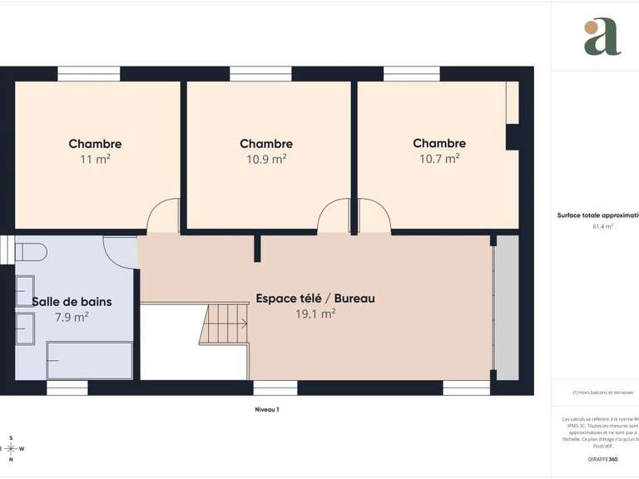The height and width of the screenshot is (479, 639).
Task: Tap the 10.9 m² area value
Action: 266,158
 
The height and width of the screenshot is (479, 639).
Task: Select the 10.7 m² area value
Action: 439,158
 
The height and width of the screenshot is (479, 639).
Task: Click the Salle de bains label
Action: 72,302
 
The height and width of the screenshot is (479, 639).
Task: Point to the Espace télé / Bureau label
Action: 315,298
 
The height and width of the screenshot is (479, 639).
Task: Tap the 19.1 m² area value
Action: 315,314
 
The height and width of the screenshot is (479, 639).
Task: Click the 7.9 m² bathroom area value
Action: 72,317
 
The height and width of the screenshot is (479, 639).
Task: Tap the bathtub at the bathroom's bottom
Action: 90,360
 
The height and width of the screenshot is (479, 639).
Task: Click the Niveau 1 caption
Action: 267,410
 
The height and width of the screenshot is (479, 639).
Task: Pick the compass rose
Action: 11,448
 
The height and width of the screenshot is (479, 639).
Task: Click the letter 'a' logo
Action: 602,37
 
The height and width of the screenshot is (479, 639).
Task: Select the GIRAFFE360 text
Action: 602,459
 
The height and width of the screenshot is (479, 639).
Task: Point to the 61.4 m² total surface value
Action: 602,226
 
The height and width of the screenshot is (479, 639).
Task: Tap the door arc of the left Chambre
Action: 163,218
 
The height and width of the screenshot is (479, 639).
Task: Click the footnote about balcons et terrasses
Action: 602,393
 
